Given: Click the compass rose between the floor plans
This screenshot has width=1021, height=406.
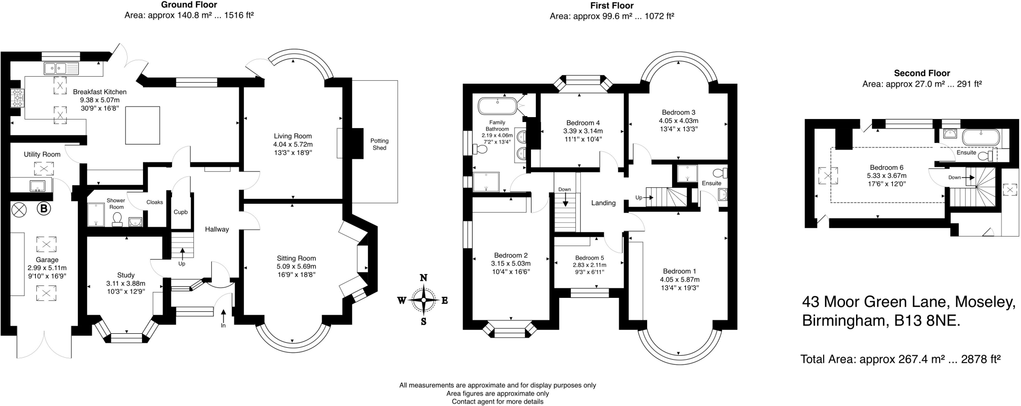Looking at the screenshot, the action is click(423, 300).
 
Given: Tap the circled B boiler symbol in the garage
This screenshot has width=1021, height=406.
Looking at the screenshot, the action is click(44, 209).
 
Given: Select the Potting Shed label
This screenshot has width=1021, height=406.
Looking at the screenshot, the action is click(379, 144).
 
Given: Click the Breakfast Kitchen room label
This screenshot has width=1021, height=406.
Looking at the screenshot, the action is click(100, 92).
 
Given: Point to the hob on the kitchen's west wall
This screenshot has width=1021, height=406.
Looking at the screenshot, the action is click(17, 98).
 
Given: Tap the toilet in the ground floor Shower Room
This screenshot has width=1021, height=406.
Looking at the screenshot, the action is click(118, 220).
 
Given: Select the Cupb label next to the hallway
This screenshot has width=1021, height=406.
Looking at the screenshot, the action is click(180, 212).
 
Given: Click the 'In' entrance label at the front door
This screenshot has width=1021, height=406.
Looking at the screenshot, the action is click(223, 326).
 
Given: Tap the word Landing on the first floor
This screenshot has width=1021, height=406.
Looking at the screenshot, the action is click(603, 203).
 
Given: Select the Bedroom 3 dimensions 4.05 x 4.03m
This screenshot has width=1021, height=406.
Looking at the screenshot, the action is click(679, 121).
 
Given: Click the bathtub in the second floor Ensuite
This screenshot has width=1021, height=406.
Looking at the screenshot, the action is click(980, 137).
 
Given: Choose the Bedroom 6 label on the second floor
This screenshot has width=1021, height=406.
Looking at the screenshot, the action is click(886, 168).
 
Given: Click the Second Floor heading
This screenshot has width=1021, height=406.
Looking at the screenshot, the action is click(922, 73).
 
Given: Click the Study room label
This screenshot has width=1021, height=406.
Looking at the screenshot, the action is click(126, 275).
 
